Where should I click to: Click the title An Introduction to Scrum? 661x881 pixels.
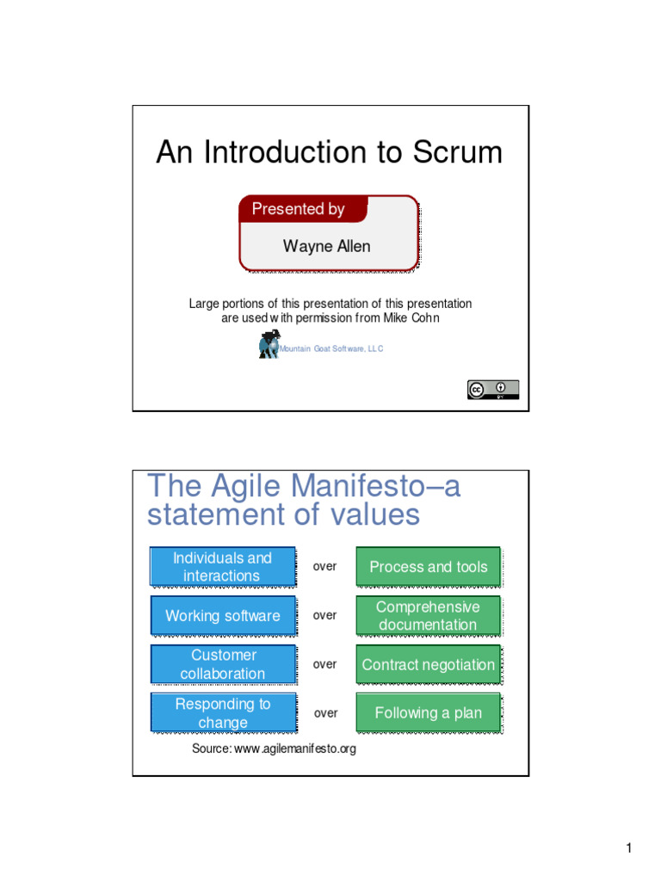[329, 153]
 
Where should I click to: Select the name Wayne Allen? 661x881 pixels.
[327, 246]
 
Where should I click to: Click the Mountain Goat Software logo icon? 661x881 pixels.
[268, 346]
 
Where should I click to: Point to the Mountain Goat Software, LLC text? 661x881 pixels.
[331, 348]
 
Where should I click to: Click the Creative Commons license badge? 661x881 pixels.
[493, 390]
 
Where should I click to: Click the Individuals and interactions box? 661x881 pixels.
[223, 567]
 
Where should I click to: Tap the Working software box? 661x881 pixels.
[223, 616]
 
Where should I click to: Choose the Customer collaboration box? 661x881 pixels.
[223, 664]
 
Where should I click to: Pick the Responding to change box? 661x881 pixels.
[223, 713]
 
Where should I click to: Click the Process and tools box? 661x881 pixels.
[428, 567]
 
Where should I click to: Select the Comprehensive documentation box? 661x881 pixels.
[428, 616]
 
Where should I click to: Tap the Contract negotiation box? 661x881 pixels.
[428, 665]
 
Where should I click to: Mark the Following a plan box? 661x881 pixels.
[428, 713]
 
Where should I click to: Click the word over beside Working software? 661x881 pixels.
[325, 616]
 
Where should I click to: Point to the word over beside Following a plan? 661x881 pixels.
[325, 713]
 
